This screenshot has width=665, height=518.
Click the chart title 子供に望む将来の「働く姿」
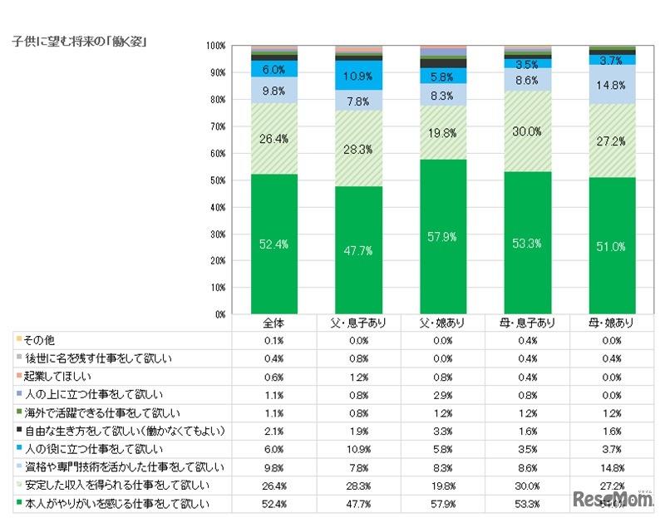tap(81, 40)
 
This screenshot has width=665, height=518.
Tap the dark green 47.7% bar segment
tap(358, 249)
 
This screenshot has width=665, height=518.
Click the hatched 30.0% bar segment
tap(527, 131)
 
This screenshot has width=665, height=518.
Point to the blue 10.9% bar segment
tap(358, 76)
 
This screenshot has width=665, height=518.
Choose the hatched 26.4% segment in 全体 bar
tap(274, 138)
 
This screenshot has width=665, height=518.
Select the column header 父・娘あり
tap(443, 323)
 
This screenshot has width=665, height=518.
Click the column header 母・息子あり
tap(527, 323)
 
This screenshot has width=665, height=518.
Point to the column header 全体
tap(274, 323)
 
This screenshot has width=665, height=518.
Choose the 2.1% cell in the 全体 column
tap(274, 431)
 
